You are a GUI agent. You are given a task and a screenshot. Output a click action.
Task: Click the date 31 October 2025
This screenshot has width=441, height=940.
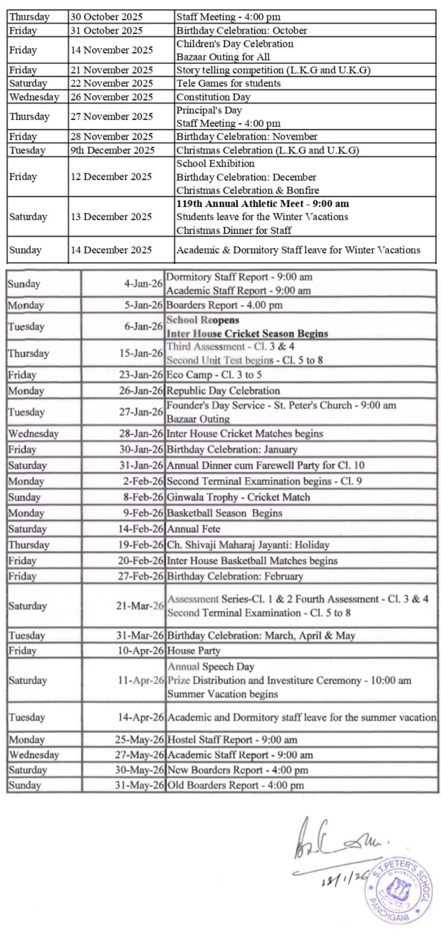(x=106, y=31)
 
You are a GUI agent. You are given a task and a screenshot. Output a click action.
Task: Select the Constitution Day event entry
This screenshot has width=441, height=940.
(x=213, y=97)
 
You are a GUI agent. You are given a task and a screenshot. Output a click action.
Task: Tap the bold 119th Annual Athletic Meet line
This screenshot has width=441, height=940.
(x=262, y=204)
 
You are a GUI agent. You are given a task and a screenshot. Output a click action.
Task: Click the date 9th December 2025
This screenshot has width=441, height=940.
(x=112, y=150)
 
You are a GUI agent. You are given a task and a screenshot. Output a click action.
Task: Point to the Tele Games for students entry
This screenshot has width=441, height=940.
(x=228, y=83)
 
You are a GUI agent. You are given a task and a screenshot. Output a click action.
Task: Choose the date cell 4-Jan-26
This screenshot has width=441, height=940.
(x=143, y=284)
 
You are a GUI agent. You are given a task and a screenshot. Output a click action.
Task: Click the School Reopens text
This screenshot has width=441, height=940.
(x=202, y=320)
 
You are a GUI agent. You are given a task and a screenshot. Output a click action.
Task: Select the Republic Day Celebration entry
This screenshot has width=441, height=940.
(x=223, y=391)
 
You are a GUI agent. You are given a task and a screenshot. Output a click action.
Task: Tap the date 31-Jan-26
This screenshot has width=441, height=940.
(x=141, y=465)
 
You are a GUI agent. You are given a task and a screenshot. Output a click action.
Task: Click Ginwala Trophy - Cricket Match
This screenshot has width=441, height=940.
(x=238, y=497)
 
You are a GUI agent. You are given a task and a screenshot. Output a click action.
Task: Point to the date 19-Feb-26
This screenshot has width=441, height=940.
(x=140, y=545)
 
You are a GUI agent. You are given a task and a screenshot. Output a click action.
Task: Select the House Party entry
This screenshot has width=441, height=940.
(x=193, y=651)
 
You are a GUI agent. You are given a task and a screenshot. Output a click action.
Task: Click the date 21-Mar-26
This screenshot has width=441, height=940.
(x=139, y=606)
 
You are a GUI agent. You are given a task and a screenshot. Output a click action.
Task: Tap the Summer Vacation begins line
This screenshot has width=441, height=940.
(x=222, y=694)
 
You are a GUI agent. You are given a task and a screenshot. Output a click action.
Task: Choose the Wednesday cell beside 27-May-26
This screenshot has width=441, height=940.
(x=34, y=755)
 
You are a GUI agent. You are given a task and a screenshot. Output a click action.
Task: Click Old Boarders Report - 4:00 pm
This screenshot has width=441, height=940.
(x=235, y=786)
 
